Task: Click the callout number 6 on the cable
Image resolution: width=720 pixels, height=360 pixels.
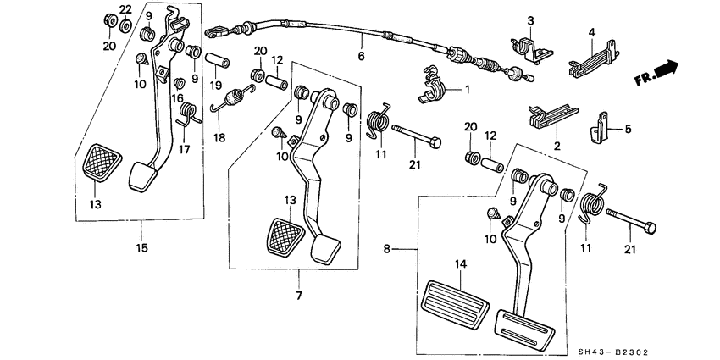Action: (361, 57)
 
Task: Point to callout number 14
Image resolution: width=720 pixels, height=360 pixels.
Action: (461, 264)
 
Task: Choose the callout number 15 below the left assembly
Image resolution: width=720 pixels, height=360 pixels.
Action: (141, 247)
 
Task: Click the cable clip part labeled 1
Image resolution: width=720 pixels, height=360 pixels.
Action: (438, 86)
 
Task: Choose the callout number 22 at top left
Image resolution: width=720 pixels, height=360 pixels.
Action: (125, 8)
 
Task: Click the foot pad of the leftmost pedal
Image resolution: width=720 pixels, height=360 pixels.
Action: (141, 176)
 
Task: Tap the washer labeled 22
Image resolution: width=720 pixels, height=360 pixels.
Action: (125, 25)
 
